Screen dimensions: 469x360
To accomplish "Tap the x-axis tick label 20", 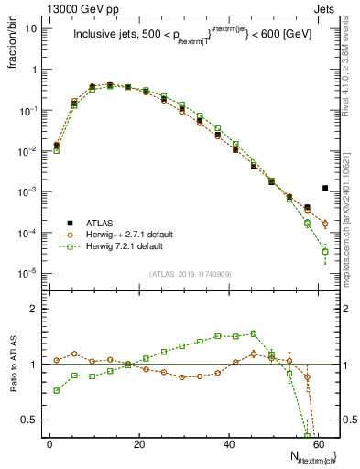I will pyautogui.click(x=139, y=443).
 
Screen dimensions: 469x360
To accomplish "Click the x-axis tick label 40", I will pyautogui.click(x=229, y=443).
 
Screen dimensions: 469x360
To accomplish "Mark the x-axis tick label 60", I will pyautogui.click(x=319, y=443).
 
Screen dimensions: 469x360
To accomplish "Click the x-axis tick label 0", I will pyautogui.click(x=49, y=443).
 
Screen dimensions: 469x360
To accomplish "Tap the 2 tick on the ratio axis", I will pyautogui.click(x=34, y=309).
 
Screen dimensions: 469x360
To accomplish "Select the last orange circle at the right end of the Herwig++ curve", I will pyautogui.click(x=325, y=223).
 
